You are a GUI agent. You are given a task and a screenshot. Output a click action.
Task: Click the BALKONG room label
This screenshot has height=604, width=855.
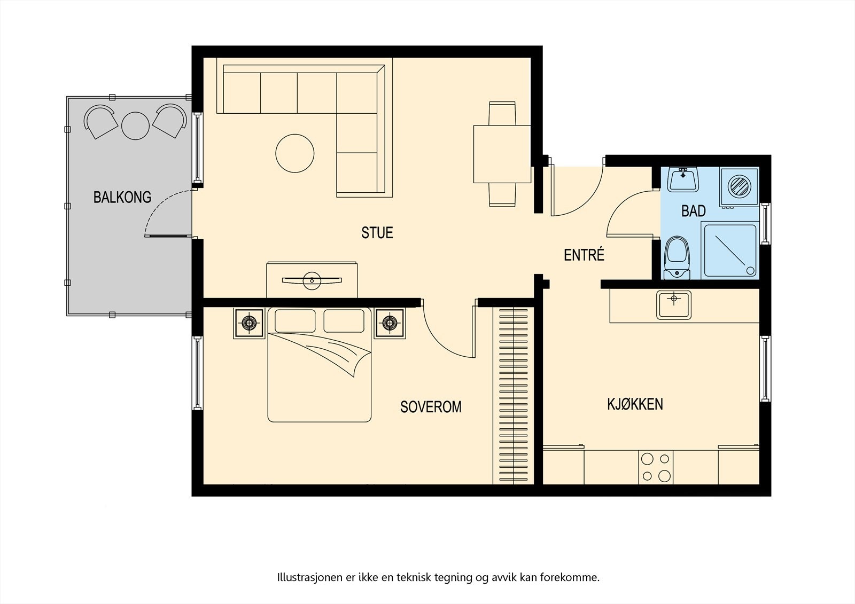coord(122,197)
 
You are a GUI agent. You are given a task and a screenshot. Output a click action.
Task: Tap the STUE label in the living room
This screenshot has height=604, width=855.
coord(377,233)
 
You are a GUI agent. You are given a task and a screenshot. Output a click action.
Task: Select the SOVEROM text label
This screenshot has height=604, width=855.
coord(431,407)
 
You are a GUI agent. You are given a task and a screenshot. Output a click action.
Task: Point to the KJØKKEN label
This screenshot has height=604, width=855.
coord(635,404)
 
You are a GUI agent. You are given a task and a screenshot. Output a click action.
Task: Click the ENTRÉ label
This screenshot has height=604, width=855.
coord(584,255)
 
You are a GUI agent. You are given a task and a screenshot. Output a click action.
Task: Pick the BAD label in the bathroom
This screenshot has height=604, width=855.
coord(694,211)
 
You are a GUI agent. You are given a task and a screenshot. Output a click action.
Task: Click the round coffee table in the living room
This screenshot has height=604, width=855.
coord(294,153)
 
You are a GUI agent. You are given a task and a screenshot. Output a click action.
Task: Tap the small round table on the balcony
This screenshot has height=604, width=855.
coord(135,125)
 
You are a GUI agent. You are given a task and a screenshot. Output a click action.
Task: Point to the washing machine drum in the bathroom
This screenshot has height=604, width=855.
coord(740,187)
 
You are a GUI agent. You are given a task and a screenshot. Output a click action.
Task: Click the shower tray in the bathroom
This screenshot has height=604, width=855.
coord(730,250)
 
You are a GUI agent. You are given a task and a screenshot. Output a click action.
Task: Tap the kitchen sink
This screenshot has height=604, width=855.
coord(674,304)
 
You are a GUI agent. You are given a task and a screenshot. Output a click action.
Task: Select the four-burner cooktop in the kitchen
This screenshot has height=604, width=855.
coord(656,467)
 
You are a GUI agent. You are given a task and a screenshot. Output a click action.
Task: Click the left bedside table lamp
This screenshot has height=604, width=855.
coord(249,323)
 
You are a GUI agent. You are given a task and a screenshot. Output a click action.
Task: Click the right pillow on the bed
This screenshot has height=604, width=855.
coord(344,321)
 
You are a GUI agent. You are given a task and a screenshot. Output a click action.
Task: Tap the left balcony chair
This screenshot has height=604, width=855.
coord(100,122)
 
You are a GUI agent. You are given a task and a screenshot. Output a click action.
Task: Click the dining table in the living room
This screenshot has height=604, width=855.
coord(502,154)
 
